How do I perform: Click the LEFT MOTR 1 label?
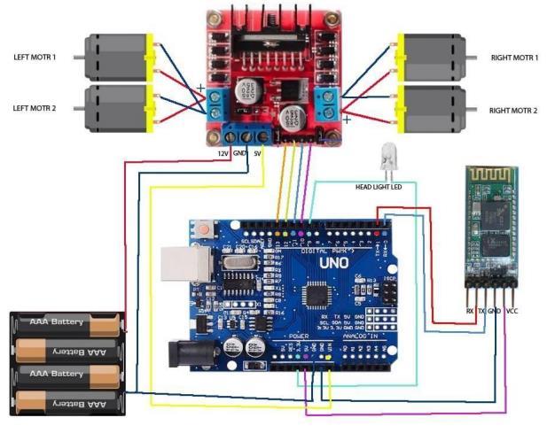pos(36,57)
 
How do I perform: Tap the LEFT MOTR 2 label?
pos(36,108)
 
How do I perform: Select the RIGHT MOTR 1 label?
pos(514,58)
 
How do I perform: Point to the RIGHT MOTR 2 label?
pos(514,112)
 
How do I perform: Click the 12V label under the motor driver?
pos(223,153)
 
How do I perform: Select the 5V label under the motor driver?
pos(257,153)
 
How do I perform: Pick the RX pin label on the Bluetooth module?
pos(469,311)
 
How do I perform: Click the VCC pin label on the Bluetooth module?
pos(512,311)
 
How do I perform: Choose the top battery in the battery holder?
pos(66,323)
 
